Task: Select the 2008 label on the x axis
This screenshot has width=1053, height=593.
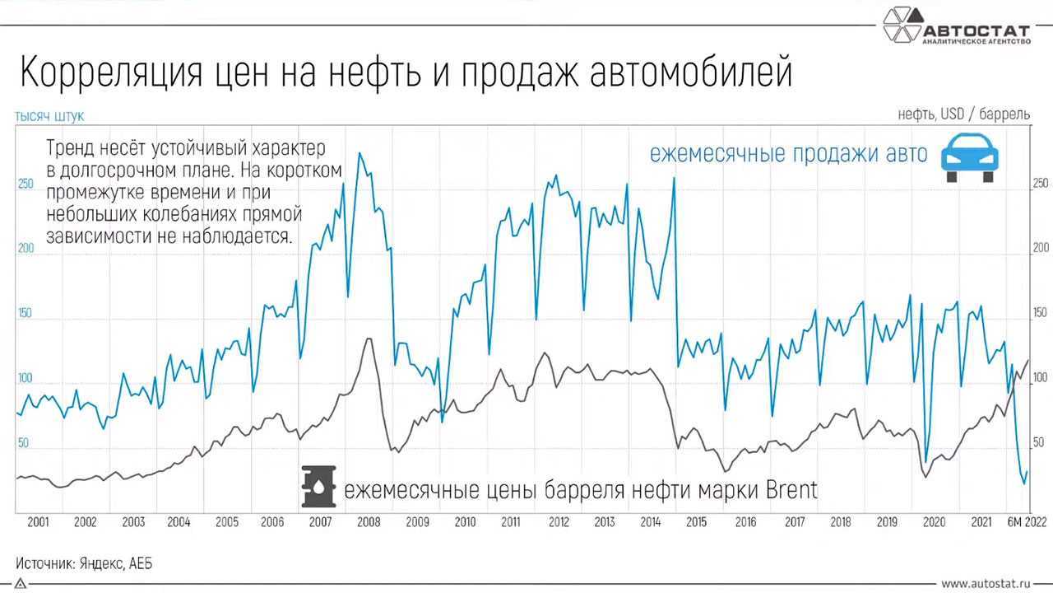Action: point(368,522)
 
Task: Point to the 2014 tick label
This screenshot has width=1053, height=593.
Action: point(650,522)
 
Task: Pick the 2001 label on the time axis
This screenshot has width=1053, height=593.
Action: point(38,522)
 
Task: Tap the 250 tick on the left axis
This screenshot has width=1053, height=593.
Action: point(26,184)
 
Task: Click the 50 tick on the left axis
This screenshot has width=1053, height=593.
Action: point(23,443)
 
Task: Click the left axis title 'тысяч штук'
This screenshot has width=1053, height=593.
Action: point(49,117)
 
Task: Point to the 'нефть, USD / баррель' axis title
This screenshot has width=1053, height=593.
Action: point(963,115)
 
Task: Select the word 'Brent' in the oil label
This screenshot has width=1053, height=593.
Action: point(791,491)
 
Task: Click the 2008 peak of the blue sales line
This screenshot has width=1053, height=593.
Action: point(360,153)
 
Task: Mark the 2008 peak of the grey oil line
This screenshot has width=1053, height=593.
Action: point(369,339)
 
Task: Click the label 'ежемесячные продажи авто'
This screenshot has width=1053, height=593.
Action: point(788,154)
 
